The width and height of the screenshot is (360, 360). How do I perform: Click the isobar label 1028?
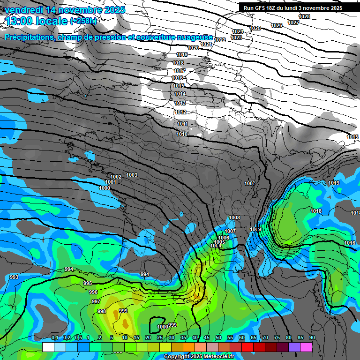(x=304, y=16)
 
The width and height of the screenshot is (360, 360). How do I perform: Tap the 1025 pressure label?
(x=255, y=28)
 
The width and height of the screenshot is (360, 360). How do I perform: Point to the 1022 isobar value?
(x=220, y=40)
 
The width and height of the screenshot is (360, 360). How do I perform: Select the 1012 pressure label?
(x=180, y=112)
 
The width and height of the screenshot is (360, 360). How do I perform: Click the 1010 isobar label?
(x=182, y=135)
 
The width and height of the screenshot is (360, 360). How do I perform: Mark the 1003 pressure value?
(x=132, y=175)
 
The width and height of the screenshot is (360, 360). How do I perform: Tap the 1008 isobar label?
(x=234, y=217)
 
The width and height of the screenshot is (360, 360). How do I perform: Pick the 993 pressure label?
(x=14, y=277)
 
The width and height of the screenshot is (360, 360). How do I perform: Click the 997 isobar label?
(x=96, y=301)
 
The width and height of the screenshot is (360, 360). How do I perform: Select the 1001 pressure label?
(x=111, y=182)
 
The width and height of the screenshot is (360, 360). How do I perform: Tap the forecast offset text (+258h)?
(x=83, y=21)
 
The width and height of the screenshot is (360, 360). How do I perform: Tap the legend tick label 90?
(x=312, y=338)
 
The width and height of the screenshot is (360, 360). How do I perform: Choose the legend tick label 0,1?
(x=54, y=338)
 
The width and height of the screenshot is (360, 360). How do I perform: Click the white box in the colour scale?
(x=48, y=347)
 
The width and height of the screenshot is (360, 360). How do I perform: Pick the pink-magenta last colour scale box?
(x=306, y=347)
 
